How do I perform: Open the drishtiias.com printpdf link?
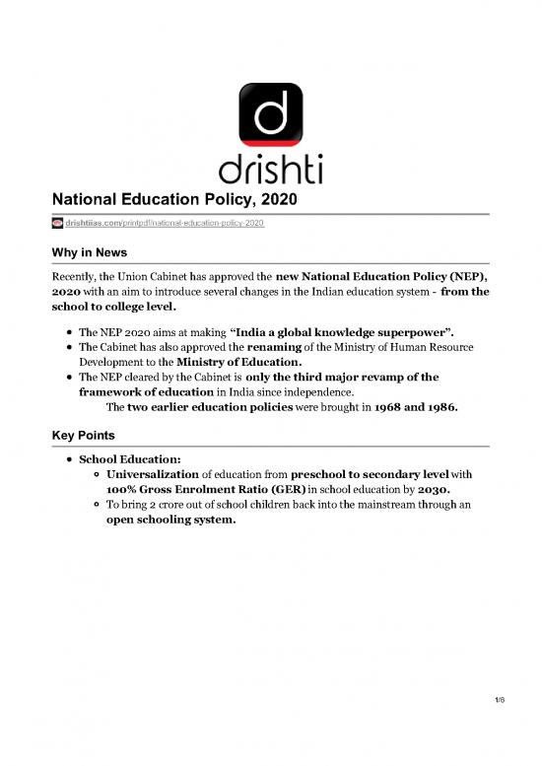point(164,225)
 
